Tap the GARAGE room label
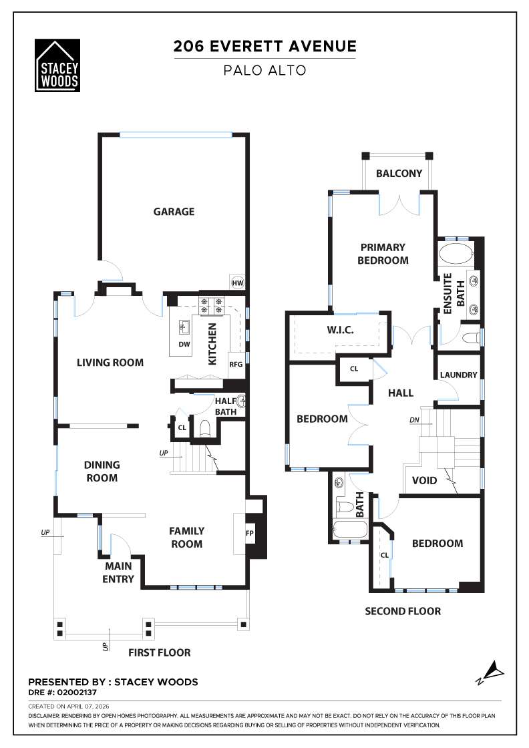click(x=174, y=212)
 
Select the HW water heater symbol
click(x=237, y=283)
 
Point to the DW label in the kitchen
click(x=185, y=345)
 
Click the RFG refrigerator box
click(x=236, y=365)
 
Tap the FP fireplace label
click(x=250, y=534)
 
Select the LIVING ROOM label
click(x=110, y=363)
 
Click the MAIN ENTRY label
click(x=118, y=573)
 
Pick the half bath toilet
click(x=205, y=429)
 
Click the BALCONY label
click(x=399, y=174)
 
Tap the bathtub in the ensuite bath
click(x=456, y=254)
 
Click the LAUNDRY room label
click(x=458, y=375)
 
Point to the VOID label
click(x=424, y=480)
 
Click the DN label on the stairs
click(x=415, y=420)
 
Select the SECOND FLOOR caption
click(x=402, y=611)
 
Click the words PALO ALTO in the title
click(x=264, y=70)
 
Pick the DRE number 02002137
click(x=80, y=693)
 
